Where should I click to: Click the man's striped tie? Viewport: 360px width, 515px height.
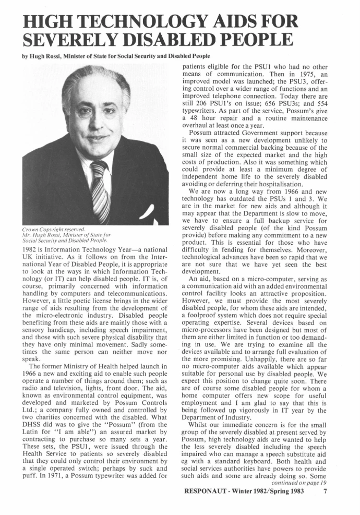pyautogui.click(x=100, y=190)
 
